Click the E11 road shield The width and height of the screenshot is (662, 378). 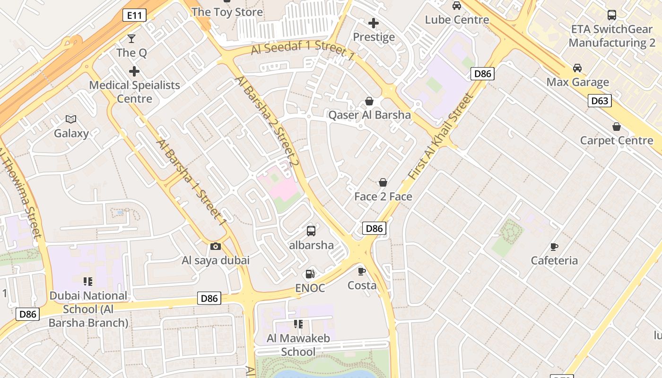coord(135,16)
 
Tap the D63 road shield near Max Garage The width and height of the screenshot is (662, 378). coord(600,101)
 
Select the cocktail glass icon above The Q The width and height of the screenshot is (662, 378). coord(131,39)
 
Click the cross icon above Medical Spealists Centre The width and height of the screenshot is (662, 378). coord(134,71)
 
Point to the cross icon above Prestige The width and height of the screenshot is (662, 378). coord(374,23)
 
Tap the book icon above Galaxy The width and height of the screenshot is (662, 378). coord(71,119)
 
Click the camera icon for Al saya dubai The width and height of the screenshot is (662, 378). coord(215,246)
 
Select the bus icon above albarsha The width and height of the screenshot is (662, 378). coord(311,231)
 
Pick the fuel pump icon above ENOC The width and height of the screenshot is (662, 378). coord(310,274)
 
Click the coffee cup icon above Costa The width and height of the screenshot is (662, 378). coord(362,271)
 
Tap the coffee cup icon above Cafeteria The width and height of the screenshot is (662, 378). coord(554,246)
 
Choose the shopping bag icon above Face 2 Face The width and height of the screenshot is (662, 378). coord(383,182)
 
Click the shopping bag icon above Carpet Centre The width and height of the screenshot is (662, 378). coord(617,127)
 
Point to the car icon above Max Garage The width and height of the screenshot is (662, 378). coord(577,68)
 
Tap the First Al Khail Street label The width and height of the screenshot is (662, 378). coord(441,137)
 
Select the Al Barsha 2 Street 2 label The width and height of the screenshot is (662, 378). coord(268,121)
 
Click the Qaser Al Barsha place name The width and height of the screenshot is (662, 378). coord(369,115)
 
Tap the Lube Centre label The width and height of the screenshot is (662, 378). coord(457,20)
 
